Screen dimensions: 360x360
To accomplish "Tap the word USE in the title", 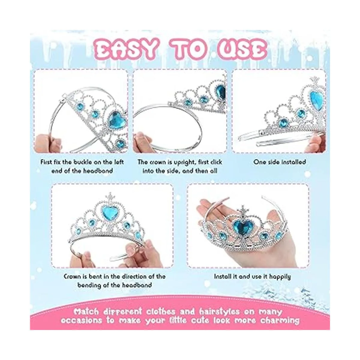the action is pos(242,49).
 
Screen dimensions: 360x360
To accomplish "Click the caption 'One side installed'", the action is pos(280,162).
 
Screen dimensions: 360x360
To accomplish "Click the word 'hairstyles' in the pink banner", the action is pos(219,312).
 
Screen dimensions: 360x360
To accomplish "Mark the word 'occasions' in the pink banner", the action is pos(81,321).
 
